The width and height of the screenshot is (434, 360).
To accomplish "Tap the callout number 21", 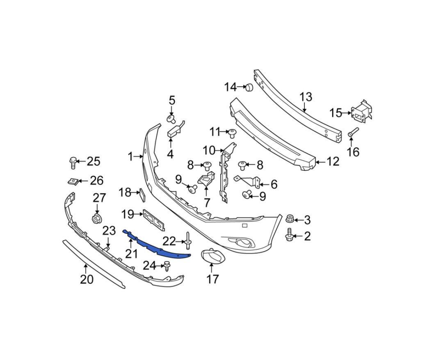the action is point(131,253).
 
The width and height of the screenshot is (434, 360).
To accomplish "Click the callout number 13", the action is point(306,97).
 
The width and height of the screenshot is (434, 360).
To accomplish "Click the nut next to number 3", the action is point(290,218).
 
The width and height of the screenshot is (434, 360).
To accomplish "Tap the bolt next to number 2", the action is point(289,234).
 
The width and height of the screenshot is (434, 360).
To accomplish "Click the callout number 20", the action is point(87,279).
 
